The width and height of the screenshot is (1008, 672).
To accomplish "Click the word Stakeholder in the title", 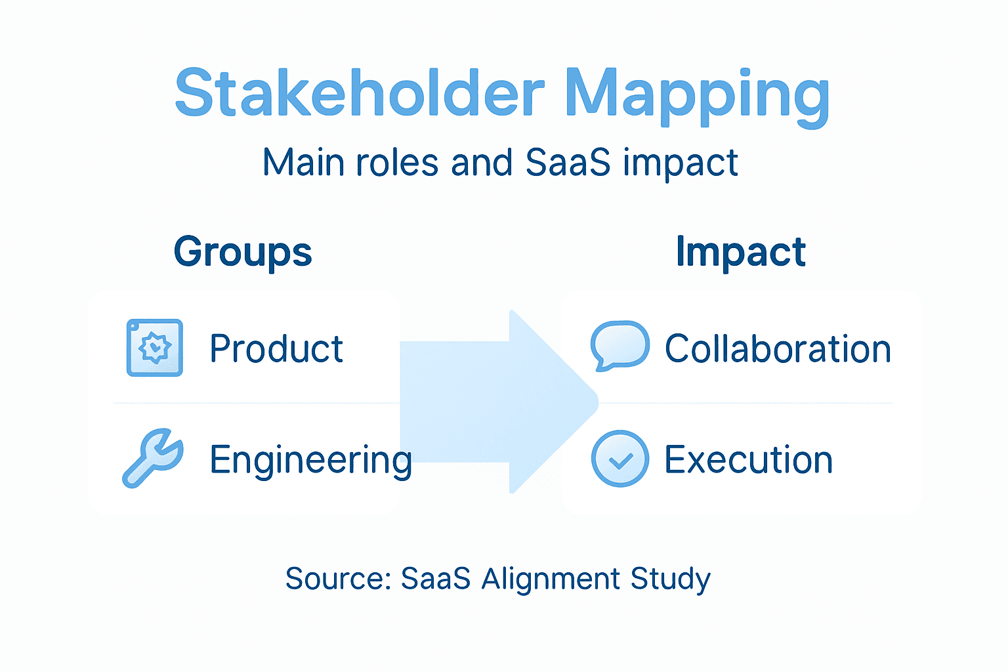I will pos(360,93).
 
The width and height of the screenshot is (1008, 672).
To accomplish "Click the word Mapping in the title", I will pos(697,96).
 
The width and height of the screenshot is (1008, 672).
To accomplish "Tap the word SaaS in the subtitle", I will pos(568,162).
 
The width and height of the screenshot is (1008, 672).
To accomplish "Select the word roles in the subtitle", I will pos(396,162).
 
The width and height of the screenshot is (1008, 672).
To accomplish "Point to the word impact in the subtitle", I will pos(681,163).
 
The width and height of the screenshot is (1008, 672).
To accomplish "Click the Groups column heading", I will pos(243,253).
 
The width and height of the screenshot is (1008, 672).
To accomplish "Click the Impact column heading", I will pos(740,252).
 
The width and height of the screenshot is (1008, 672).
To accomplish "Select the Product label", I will pos(276,348).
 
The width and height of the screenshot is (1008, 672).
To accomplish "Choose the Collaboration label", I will pos(778,348).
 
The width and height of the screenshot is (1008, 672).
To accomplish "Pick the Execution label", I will pos(748,459).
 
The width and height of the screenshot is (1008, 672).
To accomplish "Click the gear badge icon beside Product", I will pos(155,348).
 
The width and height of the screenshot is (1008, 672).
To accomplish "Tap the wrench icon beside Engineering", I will pos(154,457).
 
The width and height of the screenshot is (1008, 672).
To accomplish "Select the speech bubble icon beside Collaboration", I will pos(619,345).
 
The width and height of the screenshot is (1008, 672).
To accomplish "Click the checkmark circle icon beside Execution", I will pos(620,459).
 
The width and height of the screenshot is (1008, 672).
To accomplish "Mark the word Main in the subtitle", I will pos(303,162).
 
